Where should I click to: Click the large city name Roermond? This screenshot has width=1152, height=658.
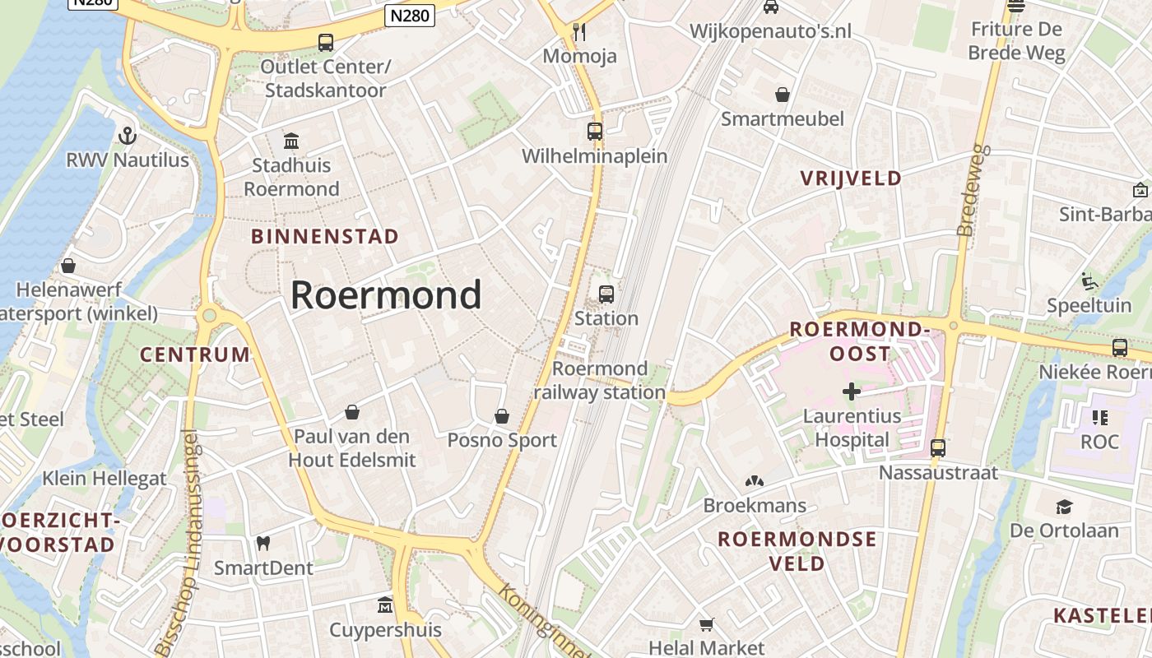coord(386,294)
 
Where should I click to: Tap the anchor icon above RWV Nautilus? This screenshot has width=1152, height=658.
coord(128,135)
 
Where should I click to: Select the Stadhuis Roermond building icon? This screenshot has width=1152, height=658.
coord(291,141)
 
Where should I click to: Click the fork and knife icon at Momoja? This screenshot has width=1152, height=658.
coord(579,32)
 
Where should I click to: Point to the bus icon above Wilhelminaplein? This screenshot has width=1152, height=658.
coord(594,131)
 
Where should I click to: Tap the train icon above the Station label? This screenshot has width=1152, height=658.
coord(606,294)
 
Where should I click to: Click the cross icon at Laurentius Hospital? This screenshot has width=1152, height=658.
coord(852,392)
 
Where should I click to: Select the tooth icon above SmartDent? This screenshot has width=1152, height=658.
coord(263,543)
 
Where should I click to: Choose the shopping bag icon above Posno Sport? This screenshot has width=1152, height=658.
coord(502,416)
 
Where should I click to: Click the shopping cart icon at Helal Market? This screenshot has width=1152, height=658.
coord(706,624)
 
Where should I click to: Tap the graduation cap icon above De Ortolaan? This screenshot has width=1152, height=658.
coord(1064,506)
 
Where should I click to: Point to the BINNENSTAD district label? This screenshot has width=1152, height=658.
coord(325,237)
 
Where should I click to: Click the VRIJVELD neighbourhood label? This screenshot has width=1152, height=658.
coord(851,178)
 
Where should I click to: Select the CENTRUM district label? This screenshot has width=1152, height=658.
coord(195,355)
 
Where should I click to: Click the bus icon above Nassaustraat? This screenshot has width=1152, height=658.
coord(938,448)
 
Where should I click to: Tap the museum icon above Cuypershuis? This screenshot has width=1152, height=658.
coord(385,606)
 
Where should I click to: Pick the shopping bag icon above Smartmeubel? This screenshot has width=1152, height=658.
coord(783,95)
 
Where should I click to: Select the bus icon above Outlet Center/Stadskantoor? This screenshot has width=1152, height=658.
coord(326,42)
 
